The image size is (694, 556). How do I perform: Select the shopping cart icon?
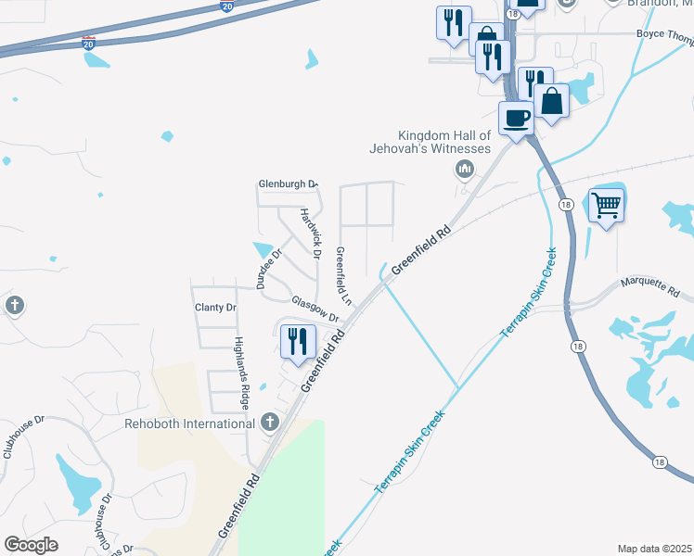click(x=606, y=204)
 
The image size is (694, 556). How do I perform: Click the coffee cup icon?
click(x=517, y=118)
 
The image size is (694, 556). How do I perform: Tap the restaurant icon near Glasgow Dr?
click(x=297, y=340)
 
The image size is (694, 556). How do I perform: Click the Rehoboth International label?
click(x=190, y=423)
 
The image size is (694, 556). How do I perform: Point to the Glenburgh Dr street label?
click(x=288, y=184)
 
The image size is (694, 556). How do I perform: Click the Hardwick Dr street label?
click(x=311, y=232)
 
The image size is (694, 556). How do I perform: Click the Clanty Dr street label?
click(x=215, y=307)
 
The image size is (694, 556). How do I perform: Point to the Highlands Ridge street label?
click(x=242, y=373)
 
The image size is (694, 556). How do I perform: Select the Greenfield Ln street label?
click(x=342, y=276)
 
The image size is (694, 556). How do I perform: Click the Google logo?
click(x=31, y=545)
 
